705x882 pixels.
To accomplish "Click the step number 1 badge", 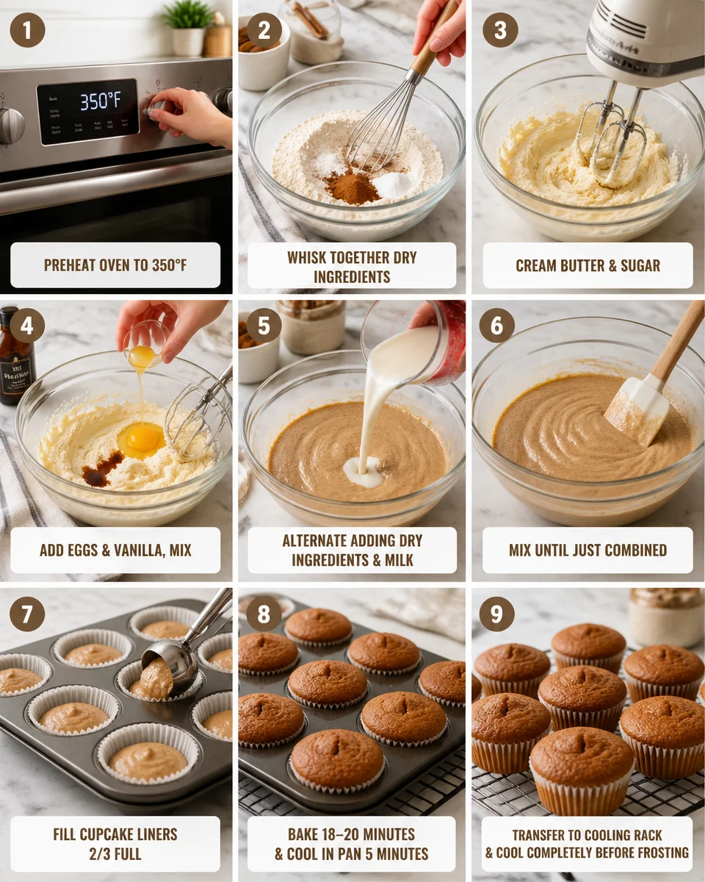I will coord(27,30).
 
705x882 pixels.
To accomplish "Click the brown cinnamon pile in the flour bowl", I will coord(352,188).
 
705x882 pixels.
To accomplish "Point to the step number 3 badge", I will coord(500,30).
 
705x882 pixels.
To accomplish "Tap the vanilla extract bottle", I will coord(16,356).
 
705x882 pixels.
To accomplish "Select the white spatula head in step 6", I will coord(635,412).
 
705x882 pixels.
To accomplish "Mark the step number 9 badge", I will coord(496,614).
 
